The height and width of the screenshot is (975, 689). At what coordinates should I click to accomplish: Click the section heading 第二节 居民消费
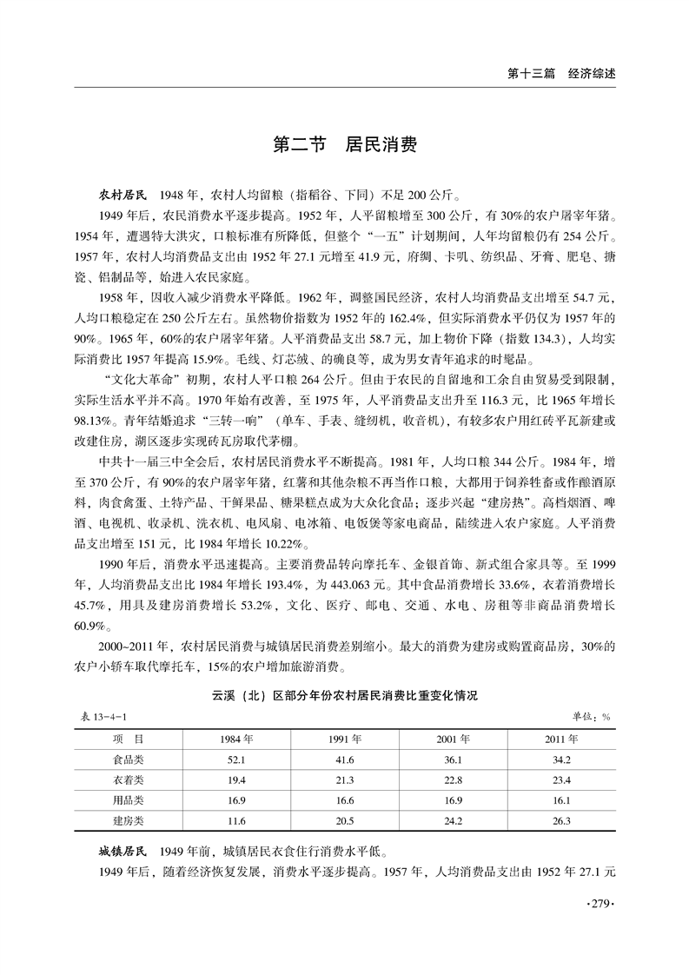(x=345, y=144)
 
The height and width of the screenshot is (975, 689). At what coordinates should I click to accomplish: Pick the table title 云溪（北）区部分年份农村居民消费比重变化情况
(x=345, y=696)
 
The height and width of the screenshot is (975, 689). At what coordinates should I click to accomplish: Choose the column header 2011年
(x=561, y=740)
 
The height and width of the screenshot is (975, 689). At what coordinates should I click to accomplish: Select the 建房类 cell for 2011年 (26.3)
(x=561, y=820)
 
